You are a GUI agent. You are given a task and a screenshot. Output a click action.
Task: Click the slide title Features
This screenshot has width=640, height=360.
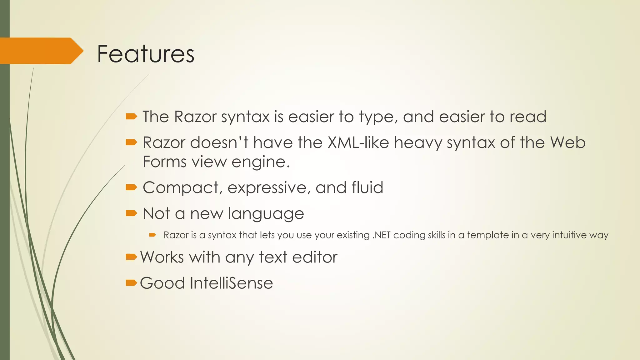point(146,54)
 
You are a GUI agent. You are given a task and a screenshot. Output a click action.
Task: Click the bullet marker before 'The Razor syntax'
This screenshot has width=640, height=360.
point(131,117)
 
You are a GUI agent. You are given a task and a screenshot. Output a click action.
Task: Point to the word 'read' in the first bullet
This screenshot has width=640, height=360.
point(528,117)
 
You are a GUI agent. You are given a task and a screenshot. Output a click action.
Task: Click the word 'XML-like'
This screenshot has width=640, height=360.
point(358,143)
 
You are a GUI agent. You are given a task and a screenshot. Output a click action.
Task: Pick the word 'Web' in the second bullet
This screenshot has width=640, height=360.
point(567,143)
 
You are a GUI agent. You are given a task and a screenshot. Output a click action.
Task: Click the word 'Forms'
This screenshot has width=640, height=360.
point(165,162)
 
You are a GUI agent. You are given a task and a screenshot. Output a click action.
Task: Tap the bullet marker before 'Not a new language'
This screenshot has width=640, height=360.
point(131,213)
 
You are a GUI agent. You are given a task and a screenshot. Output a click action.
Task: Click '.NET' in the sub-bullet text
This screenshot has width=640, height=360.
point(381,235)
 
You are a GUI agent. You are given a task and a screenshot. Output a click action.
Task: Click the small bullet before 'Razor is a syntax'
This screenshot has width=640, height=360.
point(152,235)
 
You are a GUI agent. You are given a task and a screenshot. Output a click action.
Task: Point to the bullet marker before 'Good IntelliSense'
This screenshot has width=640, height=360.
point(131,283)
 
